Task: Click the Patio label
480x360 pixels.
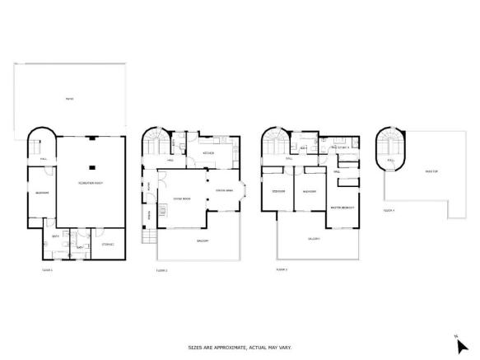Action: [70, 100]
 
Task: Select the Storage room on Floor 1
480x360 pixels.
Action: [108, 245]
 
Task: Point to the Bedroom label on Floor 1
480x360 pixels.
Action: [42, 194]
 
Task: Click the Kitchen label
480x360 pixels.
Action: [209, 154]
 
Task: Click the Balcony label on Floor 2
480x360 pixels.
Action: [202, 241]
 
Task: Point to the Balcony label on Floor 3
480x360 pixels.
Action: [314, 239]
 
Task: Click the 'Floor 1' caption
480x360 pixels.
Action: [47, 270]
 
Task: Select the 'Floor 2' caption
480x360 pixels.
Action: [161, 270]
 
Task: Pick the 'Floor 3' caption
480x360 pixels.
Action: [281, 269]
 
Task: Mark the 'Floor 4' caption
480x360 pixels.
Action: [389, 211]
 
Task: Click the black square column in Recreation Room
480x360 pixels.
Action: [91, 154]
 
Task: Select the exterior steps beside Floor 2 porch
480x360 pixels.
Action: [148, 238]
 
